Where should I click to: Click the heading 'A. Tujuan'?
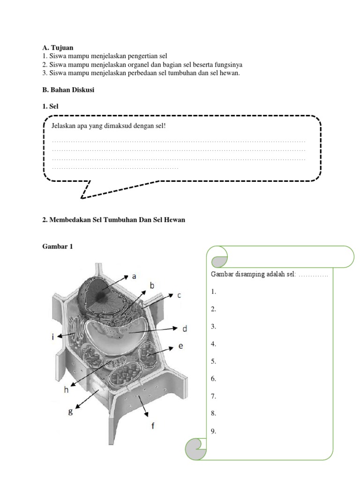58,48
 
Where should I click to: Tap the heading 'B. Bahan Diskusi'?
68,90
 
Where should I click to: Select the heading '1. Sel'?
51,107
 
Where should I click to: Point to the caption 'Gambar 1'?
58,246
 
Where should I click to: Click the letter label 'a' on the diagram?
134,277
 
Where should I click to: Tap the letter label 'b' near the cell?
152,285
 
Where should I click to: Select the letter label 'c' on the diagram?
179,295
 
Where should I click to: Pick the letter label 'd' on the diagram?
185,329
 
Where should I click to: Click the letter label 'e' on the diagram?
180,346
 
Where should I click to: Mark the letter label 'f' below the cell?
152,426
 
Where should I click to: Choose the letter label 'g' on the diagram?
70,412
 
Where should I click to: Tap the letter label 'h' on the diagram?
66,389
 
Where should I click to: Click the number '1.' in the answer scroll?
214,292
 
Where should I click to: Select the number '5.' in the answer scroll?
214,361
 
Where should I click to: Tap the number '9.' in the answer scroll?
214,431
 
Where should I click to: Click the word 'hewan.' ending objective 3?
230,73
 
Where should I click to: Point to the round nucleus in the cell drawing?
100,295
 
